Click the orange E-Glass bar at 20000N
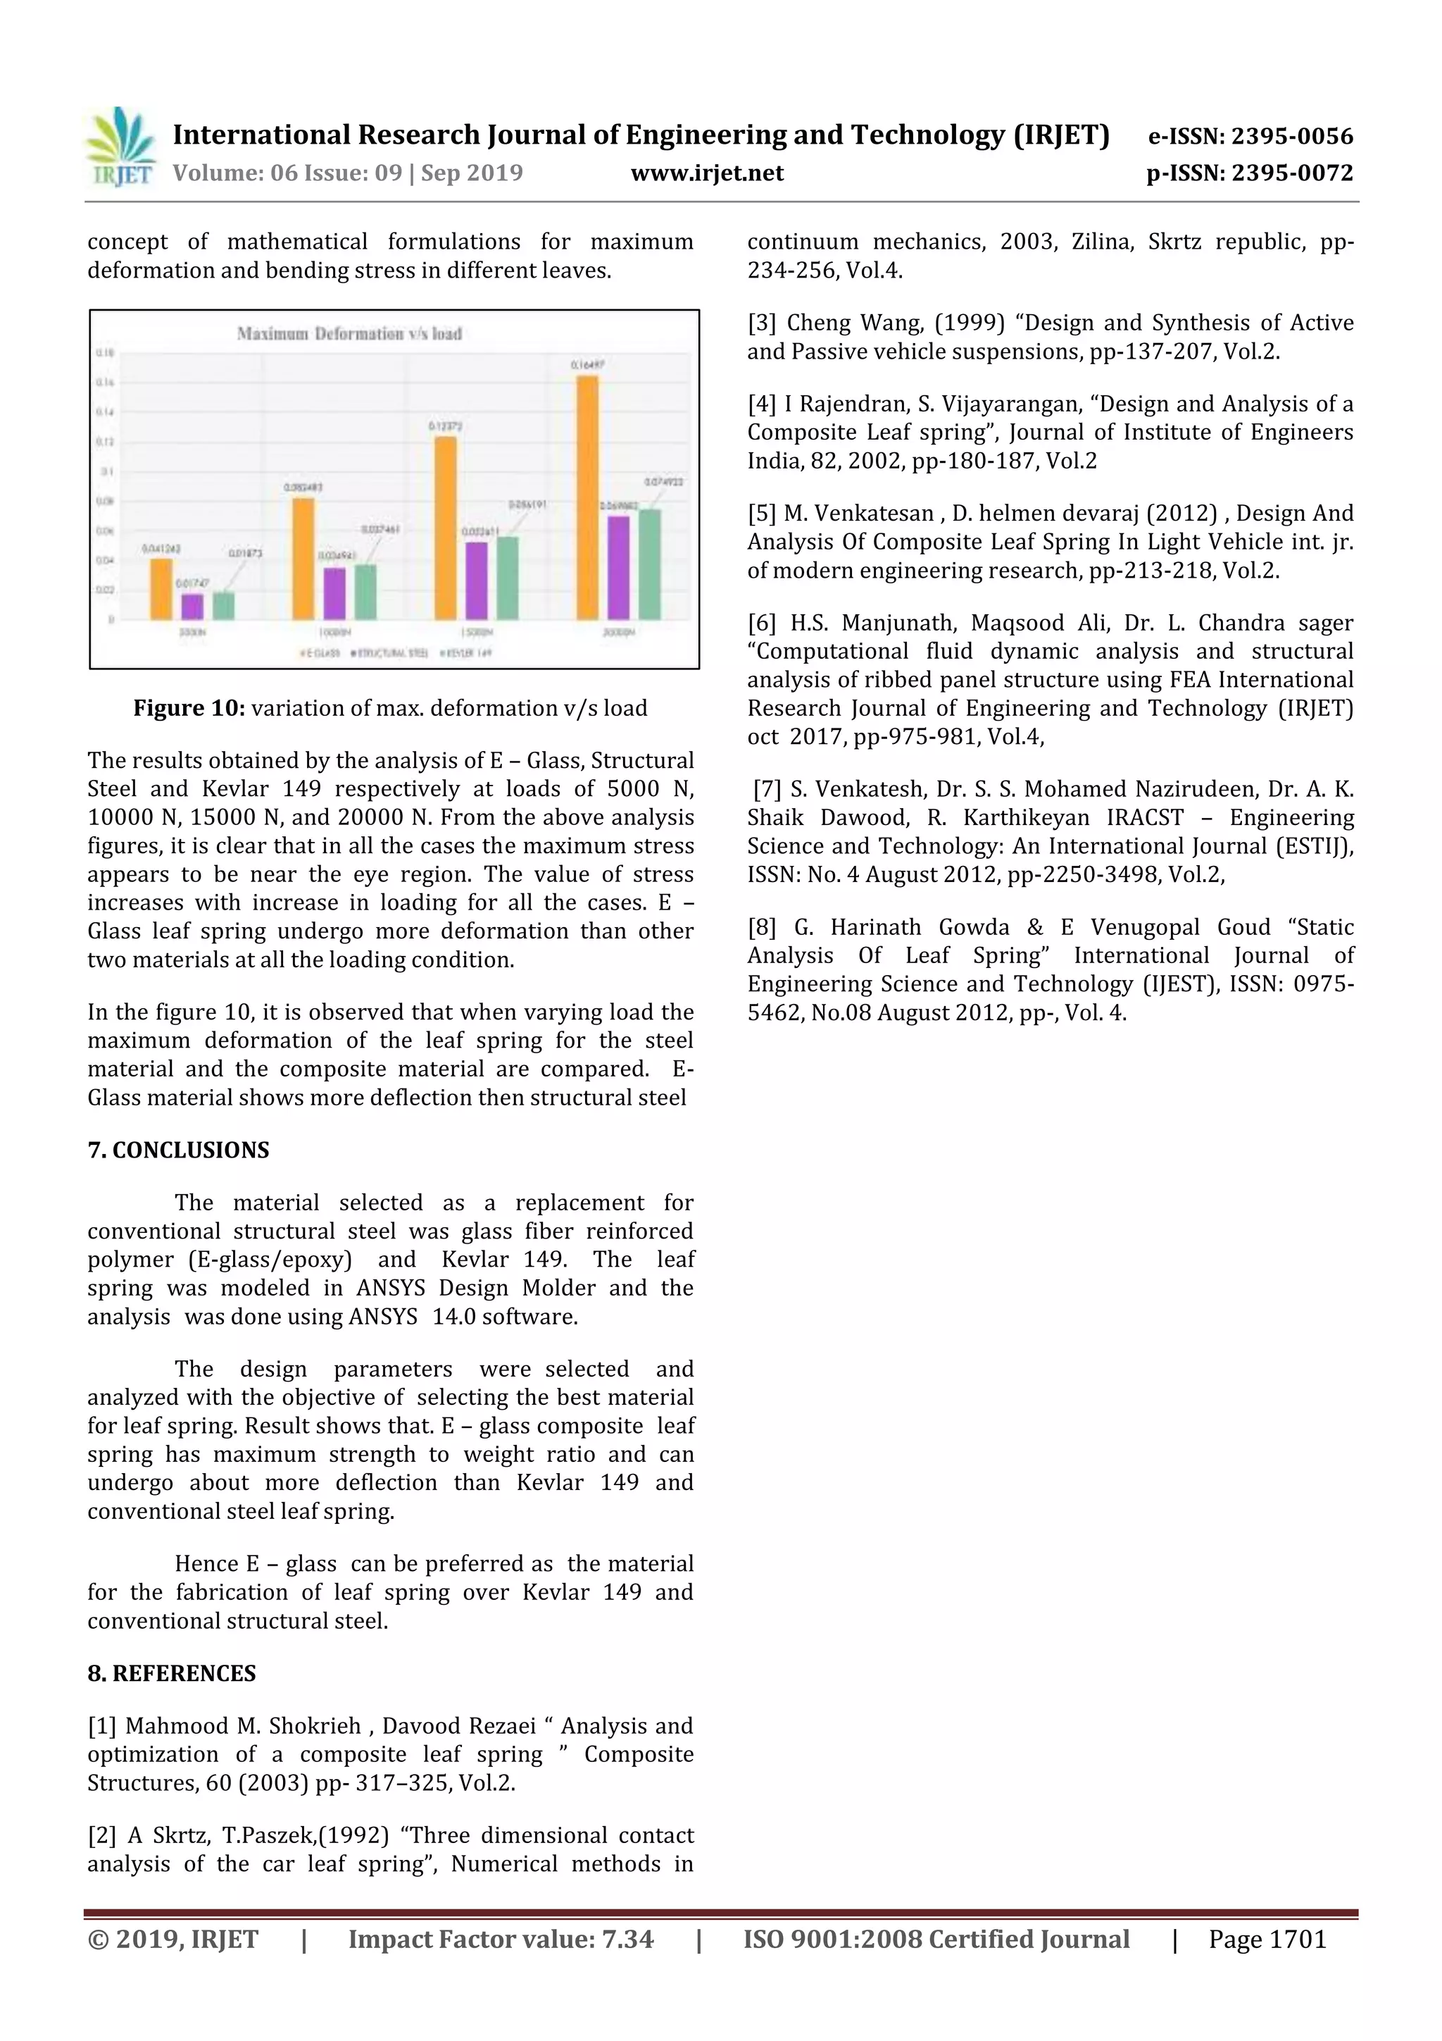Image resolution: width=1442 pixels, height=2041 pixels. pyautogui.click(x=587, y=498)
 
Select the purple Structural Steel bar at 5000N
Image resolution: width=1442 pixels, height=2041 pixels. pyautogui.click(x=192, y=607)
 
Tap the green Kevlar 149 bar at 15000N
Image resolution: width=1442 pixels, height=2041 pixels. pyautogui.click(x=508, y=578)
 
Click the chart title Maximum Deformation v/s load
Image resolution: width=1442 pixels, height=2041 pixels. pyautogui.click(x=349, y=334)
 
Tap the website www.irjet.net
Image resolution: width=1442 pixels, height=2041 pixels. pyautogui.click(x=707, y=173)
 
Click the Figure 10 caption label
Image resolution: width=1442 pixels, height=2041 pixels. pyautogui.click(x=189, y=709)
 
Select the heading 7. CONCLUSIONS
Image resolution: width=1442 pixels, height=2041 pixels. pyautogui.click(x=177, y=1150)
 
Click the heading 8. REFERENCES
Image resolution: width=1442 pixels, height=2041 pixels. pyautogui.click(x=172, y=1674)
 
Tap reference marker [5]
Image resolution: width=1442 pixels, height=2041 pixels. pyautogui.click(x=761, y=514)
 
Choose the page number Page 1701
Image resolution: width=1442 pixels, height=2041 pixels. pyautogui.click(x=1267, y=1940)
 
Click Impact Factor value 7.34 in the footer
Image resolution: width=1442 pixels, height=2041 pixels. pyautogui.click(x=500, y=1940)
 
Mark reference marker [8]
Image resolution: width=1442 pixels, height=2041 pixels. pyautogui.click(x=761, y=928)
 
